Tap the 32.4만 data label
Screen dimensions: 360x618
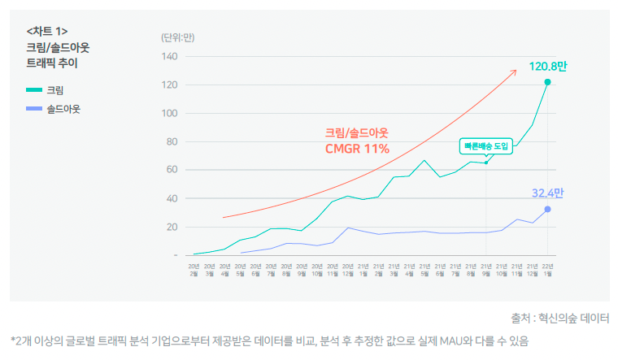pos(547,193)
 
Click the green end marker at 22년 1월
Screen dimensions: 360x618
pos(547,82)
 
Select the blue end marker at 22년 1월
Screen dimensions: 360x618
pos(547,209)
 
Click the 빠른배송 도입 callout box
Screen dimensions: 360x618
pos(485,146)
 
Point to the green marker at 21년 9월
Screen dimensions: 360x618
pos(486,163)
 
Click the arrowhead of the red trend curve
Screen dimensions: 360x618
pos(514,72)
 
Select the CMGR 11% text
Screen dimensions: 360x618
pos(357,149)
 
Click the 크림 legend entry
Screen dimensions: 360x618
pos(54,89)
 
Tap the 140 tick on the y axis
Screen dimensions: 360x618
pos(169,56)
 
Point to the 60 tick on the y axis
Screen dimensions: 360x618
pos(172,170)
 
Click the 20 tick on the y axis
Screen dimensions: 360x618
pos(172,227)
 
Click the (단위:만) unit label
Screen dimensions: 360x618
pos(177,37)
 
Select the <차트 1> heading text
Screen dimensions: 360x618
pos(47,32)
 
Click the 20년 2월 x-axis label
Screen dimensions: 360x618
pos(194,269)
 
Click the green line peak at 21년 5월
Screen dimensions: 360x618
pos(424,160)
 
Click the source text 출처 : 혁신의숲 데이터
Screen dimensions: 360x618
pos(559,318)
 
